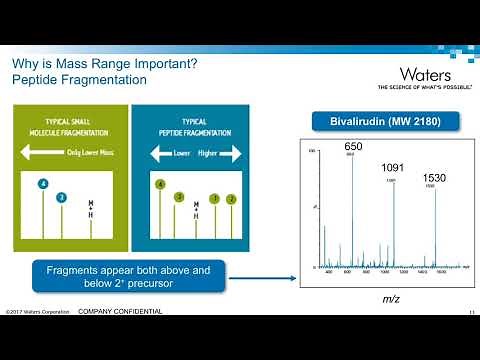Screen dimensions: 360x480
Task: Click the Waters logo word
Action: pos(425,75)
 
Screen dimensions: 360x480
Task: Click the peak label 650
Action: pos(353,147)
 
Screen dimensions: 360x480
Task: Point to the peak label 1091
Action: pos(393,169)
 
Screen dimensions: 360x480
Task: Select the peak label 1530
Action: pos(433,178)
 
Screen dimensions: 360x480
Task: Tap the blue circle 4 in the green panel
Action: pos(43,184)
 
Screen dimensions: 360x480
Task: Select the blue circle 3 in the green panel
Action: pos(61,197)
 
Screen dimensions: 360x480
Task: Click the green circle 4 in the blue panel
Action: pos(160,184)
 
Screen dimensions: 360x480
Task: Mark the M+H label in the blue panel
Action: pos(196,208)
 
